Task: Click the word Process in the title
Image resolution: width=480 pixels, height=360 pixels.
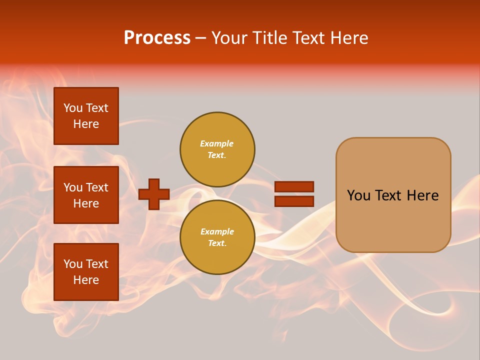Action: tap(157, 38)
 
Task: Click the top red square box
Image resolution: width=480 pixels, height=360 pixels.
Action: tap(86, 116)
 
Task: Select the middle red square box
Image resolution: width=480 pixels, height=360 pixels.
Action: tap(86, 195)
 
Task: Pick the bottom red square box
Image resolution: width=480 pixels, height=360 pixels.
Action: tap(86, 272)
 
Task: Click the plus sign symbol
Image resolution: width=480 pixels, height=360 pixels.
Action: tap(154, 194)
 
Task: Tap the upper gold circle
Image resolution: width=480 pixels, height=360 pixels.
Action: tap(217, 149)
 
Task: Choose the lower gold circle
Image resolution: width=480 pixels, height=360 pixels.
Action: tap(217, 237)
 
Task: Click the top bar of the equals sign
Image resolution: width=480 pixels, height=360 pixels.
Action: tap(294, 186)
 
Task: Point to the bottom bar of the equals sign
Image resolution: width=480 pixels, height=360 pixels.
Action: tap(294, 201)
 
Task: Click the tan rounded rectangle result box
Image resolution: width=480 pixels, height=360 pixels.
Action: tap(393, 195)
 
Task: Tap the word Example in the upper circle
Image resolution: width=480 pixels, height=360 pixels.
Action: tap(217, 143)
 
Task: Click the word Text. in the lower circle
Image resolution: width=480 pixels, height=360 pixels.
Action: tap(217, 243)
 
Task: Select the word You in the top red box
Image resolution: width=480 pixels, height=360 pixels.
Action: tap(73, 108)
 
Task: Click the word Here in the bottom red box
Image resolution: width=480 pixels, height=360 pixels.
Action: tap(86, 280)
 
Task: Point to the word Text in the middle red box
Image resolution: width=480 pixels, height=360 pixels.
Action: tap(97, 187)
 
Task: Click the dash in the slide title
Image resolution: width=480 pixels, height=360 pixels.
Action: tap(201, 38)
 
